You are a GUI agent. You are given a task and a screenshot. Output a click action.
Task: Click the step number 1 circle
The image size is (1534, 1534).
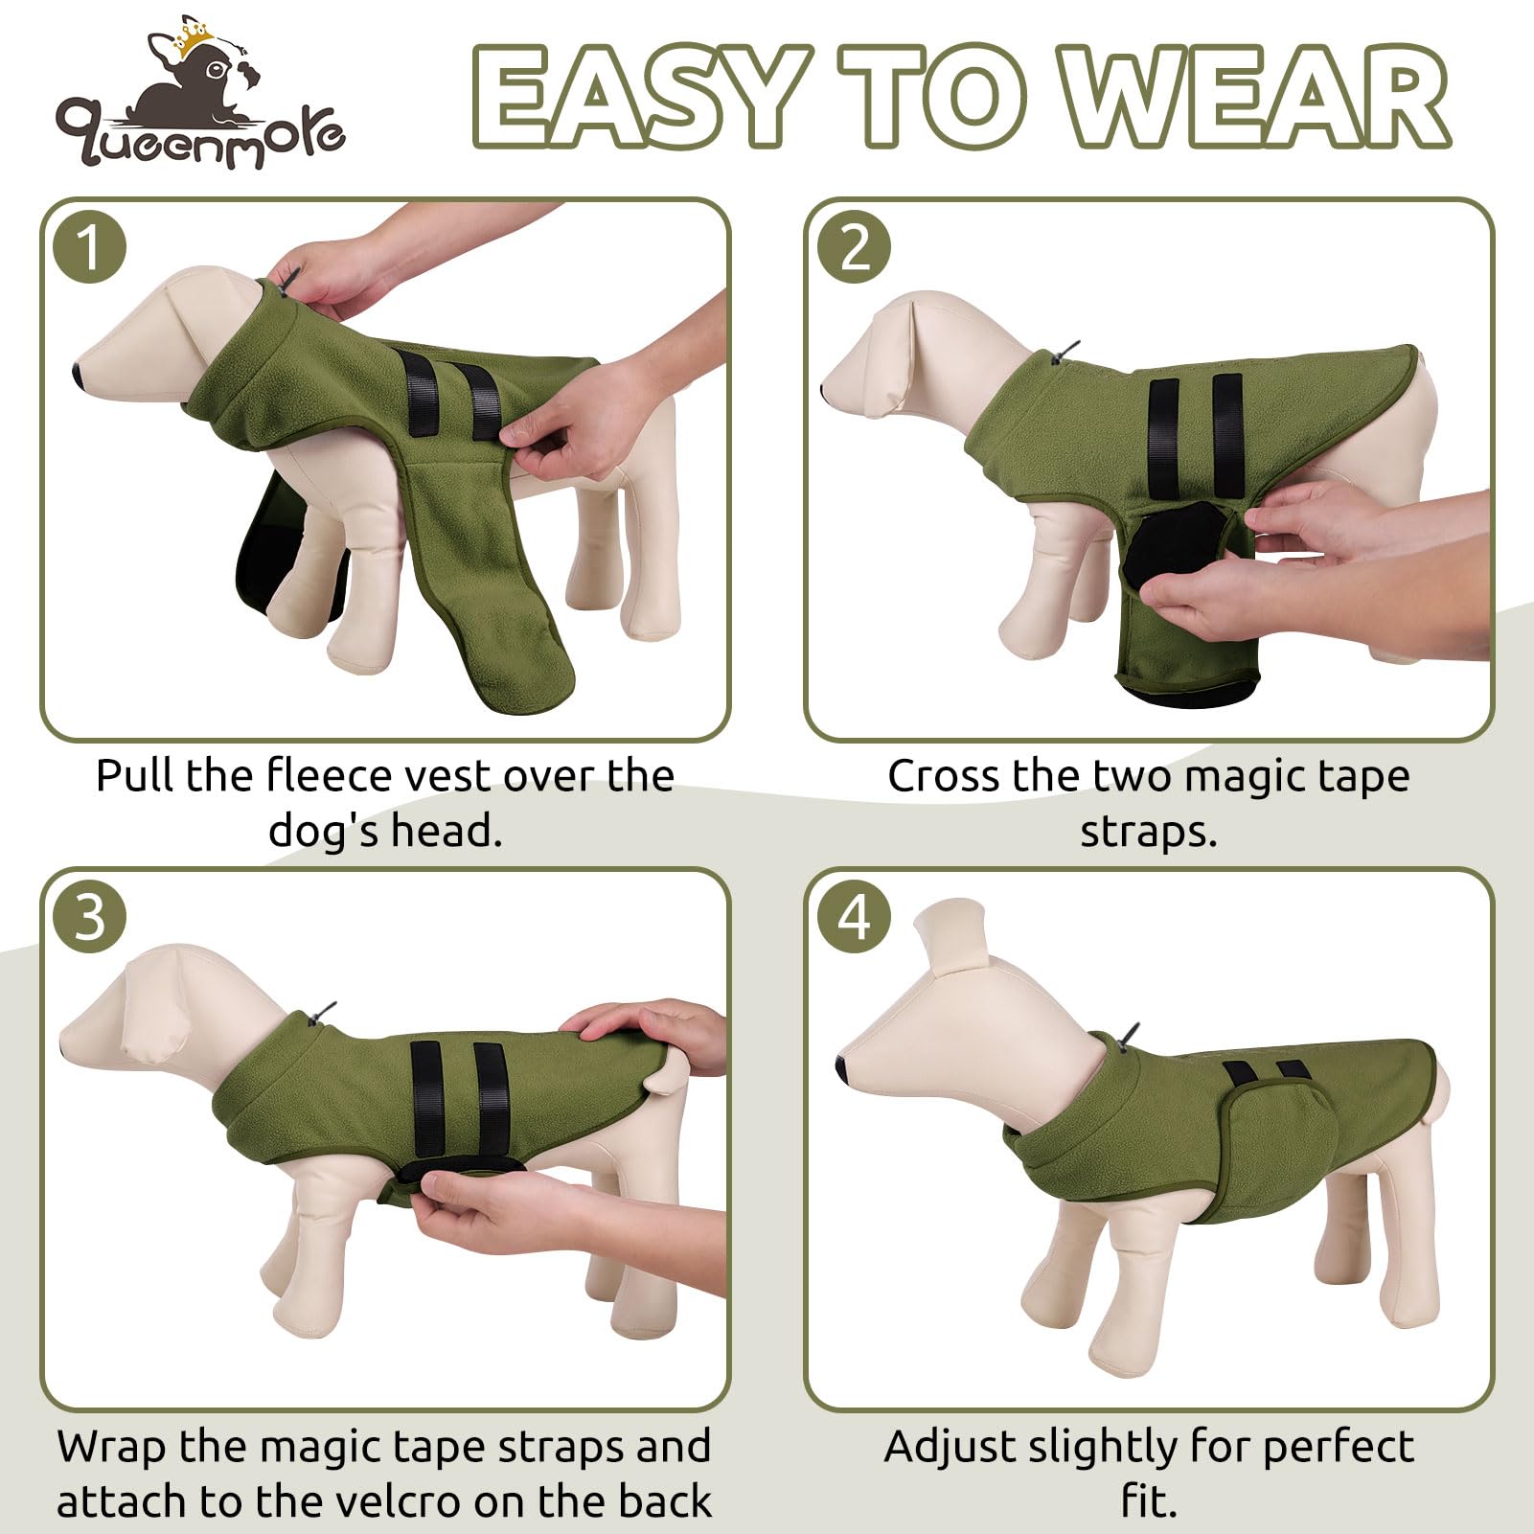point(90,247)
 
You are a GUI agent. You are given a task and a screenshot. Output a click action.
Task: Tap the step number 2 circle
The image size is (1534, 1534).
point(855,247)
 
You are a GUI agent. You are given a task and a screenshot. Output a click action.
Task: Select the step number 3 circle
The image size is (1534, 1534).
point(90,916)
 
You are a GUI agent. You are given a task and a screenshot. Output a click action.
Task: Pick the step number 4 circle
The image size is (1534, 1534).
point(855,916)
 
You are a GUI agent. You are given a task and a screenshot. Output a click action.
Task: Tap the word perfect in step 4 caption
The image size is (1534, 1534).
point(1338,1447)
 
